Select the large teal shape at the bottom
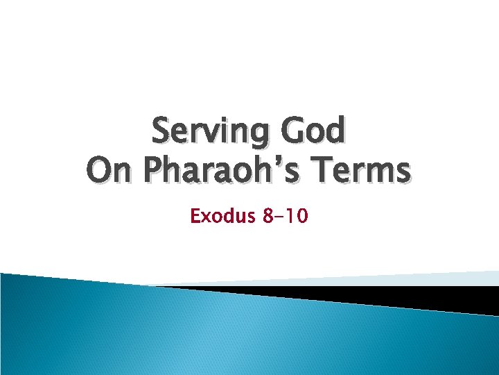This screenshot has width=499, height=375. click(x=208, y=333)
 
